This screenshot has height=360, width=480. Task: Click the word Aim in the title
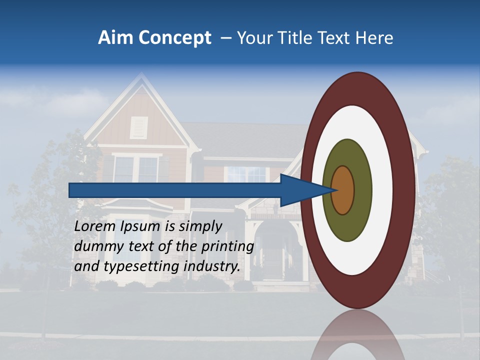click(115, 38)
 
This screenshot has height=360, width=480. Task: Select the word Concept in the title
click(174, 38)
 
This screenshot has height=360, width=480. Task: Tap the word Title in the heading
click(299, 38)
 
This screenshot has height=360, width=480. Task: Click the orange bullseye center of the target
click(343, 190)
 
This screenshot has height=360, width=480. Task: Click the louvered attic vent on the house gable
click(139, 127)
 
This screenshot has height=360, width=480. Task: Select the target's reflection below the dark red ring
click(357, 335)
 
